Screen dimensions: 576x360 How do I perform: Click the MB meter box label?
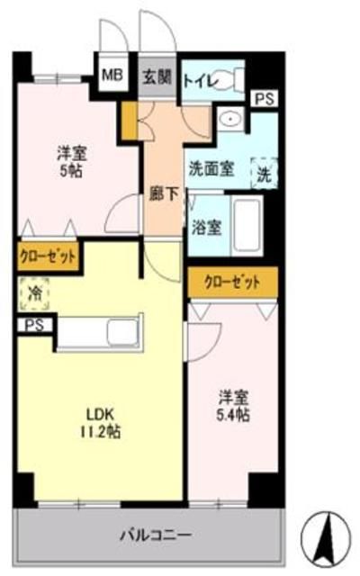[x=111, y=76]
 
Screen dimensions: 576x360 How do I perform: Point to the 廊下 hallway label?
[x=162, y=193]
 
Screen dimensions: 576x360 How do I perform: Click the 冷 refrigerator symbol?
[x=34, y=292]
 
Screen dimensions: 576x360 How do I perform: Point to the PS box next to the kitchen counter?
[x=34, y=325]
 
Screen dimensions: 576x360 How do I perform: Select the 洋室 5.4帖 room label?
[x=232, y=405]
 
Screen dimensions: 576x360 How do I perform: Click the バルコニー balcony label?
[x=155, y=535]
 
